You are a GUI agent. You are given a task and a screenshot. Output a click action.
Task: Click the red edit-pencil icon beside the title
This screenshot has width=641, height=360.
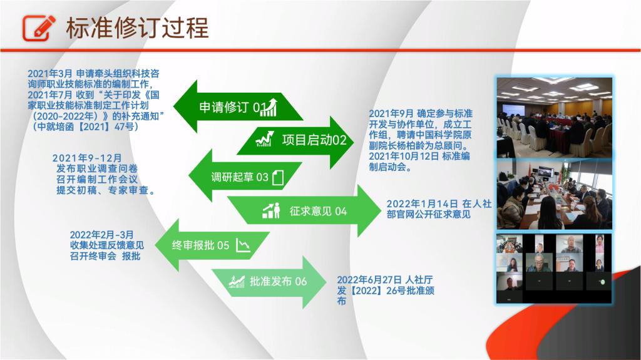39,28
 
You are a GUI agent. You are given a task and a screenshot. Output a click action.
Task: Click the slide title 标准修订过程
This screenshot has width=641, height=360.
137,28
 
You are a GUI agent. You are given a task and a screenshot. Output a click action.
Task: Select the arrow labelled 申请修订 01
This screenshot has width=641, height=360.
238,107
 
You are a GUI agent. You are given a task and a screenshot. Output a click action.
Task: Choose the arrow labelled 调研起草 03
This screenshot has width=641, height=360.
245,177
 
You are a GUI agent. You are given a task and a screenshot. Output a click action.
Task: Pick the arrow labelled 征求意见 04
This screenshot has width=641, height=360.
304,211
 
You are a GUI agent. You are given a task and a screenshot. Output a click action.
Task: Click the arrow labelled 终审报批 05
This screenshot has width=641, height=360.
212,245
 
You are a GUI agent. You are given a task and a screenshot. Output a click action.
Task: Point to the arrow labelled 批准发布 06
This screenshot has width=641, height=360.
269,282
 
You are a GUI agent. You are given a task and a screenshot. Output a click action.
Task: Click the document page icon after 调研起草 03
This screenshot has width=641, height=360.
278,178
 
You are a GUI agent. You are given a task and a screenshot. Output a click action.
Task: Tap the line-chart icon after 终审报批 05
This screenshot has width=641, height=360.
243,245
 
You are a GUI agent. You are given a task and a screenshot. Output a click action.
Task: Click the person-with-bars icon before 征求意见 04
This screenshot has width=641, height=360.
271,211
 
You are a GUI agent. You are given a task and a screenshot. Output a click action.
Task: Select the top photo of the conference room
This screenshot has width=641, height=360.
555,118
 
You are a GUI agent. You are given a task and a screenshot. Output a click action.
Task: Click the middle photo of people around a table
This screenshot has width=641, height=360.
555,194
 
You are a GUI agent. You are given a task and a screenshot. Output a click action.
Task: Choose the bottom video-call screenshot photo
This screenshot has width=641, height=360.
555,269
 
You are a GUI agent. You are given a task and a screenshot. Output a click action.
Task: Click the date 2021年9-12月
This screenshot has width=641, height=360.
87,158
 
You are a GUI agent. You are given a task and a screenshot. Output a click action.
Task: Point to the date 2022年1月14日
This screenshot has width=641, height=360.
423,203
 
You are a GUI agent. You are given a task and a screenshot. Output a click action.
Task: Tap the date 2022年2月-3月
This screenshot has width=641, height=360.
102,235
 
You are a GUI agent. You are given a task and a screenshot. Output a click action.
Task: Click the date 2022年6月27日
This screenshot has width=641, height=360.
369,280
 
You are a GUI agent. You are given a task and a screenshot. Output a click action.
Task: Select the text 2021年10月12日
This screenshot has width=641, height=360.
404,157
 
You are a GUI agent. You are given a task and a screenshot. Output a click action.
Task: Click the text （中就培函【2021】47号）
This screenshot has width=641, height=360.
85,127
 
